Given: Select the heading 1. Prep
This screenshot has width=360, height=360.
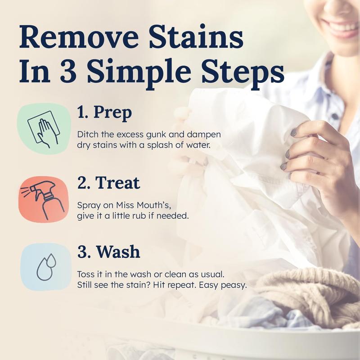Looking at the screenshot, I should (x=104, y=113).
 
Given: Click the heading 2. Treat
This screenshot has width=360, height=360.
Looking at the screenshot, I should (x=108, y=183).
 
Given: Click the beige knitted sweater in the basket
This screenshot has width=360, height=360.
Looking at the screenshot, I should (x=310, y=292).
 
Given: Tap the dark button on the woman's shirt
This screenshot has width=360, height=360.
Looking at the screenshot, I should (x=335, y=116).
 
